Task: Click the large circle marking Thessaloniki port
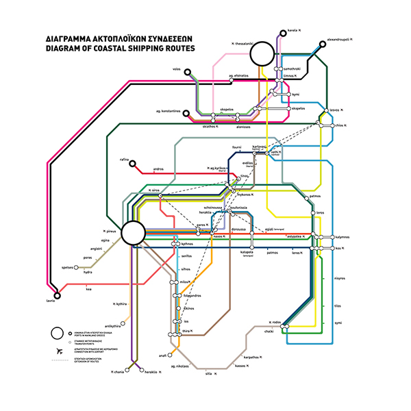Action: coord(262,55)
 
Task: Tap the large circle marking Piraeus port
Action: coord(134,233)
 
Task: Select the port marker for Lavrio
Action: coord(57,296)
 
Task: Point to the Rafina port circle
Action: coord(133,163)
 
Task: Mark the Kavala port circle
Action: coord(282,31)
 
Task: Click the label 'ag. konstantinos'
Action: coord(166,111)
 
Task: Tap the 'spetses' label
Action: coord(67,267)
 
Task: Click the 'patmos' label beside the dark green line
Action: coord(315,196)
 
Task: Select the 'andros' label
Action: coord(158,169)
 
